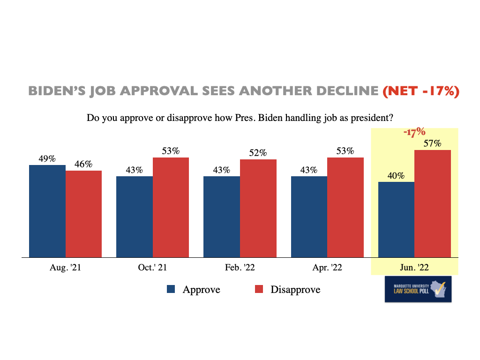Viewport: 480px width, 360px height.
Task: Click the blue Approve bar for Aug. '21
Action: (47, 211)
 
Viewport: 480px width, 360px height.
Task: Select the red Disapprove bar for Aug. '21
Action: (83, 214)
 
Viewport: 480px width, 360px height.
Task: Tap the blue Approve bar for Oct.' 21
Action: (135, 217)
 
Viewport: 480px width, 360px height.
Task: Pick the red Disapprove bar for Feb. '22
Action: (258, 208)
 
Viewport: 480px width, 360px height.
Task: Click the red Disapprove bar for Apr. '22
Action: (345, 207)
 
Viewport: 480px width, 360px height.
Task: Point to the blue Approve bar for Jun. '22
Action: (396, 219)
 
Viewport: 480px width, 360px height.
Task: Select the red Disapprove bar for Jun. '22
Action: (433, 203)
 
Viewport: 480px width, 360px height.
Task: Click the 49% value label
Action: (47, 158)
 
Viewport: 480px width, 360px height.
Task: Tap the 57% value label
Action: (433, 143)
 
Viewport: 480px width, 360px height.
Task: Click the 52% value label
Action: (258, 153)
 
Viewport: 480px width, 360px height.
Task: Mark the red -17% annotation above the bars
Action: (414, 132)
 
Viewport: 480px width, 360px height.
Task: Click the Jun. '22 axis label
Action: (414, 268)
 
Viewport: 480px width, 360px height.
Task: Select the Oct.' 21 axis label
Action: (152, 268)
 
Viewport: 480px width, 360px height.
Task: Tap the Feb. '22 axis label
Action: (240, 268)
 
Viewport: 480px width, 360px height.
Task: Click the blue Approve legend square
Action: (171, 290)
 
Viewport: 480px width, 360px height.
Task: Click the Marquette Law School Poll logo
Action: (418, 289)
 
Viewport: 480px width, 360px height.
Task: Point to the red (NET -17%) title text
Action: (420, 91)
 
